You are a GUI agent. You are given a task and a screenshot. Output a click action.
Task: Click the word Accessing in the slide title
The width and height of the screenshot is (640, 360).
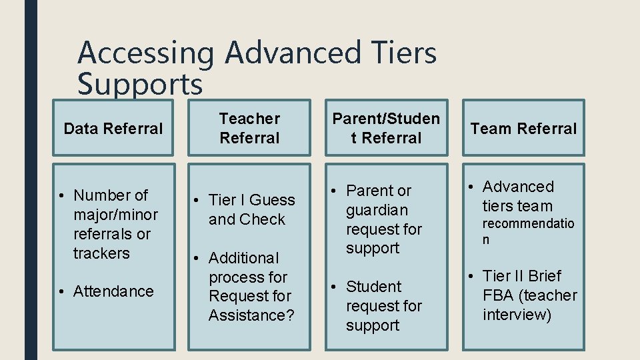[x=145, y=53]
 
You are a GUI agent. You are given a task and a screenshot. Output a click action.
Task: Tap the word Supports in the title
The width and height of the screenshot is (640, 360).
[x=139, y=85]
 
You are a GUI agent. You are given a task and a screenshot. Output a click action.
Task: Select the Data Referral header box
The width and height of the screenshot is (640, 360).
[x=113, y=128]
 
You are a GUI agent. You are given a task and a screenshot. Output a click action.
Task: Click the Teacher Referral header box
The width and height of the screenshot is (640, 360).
[x=249, y=128]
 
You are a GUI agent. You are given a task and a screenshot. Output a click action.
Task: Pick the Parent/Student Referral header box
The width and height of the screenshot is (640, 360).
[x=386, y=128]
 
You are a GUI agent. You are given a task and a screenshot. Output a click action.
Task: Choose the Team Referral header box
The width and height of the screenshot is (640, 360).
[x=523, y=128]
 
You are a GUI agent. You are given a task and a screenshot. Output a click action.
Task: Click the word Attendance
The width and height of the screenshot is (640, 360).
[x=113, y=291]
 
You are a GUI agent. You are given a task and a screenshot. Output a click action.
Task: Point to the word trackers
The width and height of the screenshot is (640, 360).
[x=101, y=253]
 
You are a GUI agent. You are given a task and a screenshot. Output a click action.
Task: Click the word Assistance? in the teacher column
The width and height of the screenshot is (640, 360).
[x=251, y=315]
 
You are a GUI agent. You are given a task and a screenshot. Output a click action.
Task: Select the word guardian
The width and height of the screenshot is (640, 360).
[x=377, y=210]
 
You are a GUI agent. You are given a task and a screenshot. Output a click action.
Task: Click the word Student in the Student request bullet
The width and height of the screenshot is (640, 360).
[x=374, y=287]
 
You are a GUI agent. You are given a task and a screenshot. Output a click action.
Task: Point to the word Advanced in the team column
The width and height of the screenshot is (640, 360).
[x=518, y=187]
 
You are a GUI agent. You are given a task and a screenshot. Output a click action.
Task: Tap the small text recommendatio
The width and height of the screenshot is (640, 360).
[x=528, y=224]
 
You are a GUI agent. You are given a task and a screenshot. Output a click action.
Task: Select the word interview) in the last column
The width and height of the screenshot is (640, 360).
[x=517, y=315]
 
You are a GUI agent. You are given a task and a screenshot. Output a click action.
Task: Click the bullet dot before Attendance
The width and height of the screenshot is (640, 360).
[x=61, y=292]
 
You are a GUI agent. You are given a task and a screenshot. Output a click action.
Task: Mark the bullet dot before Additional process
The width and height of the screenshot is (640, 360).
[x=197, y=258]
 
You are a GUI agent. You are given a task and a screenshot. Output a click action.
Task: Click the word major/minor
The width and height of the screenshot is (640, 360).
[x=116, y=215]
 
